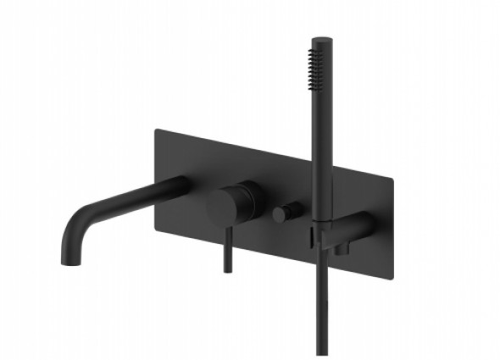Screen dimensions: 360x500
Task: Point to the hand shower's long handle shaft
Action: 322,152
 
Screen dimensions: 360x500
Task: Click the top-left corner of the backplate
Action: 156,130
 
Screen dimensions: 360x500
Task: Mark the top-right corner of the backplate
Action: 392,178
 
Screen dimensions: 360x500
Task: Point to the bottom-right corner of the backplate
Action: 392,276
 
